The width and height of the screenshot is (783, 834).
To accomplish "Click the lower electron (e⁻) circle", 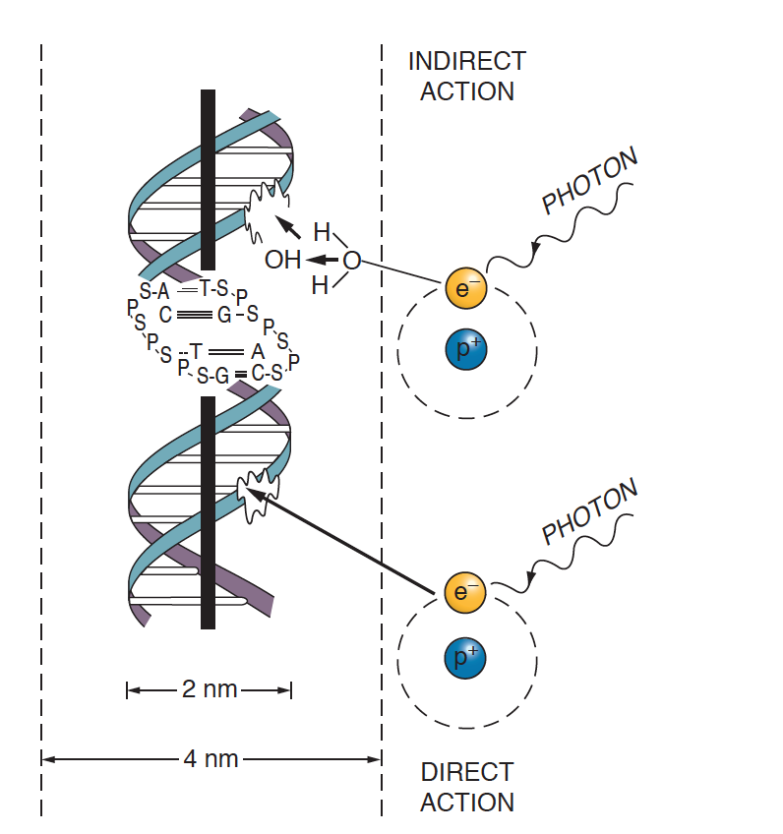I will [462, 592].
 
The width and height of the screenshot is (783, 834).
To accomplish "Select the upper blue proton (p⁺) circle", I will [465, 347].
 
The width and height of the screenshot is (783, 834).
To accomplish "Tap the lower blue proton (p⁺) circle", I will [465, 656].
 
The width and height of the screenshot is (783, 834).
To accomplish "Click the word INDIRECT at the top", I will [466, 61].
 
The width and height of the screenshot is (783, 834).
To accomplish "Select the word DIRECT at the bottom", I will [466, 772].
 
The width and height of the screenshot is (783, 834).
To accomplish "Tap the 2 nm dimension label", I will [210, 689].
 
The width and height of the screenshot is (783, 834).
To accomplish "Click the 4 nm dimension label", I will [211, 759].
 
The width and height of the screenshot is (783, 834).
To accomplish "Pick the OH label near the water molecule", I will [282, 261].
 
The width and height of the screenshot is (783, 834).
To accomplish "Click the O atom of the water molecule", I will [351, 261].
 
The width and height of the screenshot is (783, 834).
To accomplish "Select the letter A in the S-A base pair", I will [163, 291].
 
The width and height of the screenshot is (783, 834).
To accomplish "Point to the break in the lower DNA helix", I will [258, 494].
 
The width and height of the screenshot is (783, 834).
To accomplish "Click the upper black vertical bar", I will [208, 179].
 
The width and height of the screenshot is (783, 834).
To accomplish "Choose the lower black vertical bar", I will [208, 511].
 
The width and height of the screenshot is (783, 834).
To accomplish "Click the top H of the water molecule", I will [322, 233].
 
